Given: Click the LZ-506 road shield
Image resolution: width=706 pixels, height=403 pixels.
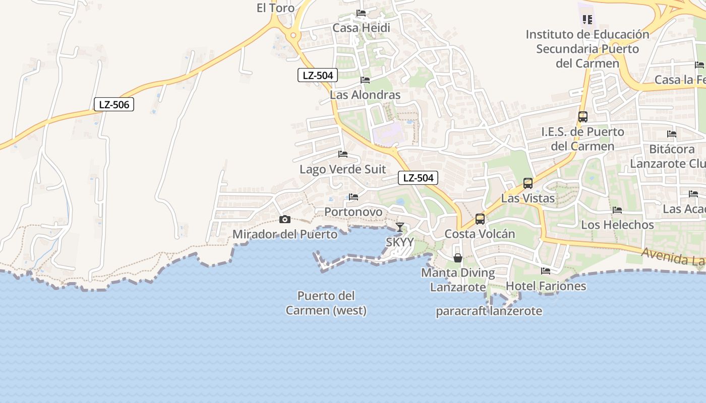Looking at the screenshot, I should coord(114,105).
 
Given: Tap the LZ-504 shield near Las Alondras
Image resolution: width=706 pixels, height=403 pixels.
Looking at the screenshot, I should coord(317,76).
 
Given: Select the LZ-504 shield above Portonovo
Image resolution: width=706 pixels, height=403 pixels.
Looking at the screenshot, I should coord(418,178).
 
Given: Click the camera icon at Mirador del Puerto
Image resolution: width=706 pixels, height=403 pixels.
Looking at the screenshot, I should coord(285,219).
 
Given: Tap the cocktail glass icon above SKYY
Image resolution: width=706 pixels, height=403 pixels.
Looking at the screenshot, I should coord(399,227).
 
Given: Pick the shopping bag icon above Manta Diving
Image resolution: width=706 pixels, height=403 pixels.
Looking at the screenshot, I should coord(458,258).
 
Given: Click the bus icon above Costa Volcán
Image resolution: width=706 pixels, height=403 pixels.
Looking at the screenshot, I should coord(480,219).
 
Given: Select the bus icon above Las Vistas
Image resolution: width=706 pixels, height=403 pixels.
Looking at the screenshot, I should coord(528,183).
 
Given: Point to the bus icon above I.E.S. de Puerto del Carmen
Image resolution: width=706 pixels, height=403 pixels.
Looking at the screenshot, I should coord(583,117).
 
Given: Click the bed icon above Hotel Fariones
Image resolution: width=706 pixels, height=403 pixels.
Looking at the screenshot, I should coord(546,271).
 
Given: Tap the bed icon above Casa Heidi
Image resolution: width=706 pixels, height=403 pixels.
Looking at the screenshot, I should coord(361,13).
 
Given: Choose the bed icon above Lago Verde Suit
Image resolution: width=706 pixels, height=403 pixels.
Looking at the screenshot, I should coord(343,154).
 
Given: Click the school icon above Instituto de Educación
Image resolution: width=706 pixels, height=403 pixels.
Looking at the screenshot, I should coord(587,20).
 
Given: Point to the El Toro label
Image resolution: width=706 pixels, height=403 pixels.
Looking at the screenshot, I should coord(275,8).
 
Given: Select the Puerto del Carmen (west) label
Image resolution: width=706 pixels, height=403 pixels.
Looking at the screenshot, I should coord(326,303).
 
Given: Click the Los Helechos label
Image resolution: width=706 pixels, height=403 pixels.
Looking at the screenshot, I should coord(617,225).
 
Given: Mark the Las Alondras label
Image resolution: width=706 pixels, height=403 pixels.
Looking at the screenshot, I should coord(365,95).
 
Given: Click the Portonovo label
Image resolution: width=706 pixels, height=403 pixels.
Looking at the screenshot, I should coord(354,212).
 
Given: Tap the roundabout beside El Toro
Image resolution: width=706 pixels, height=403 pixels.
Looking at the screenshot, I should coord(293,35).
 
